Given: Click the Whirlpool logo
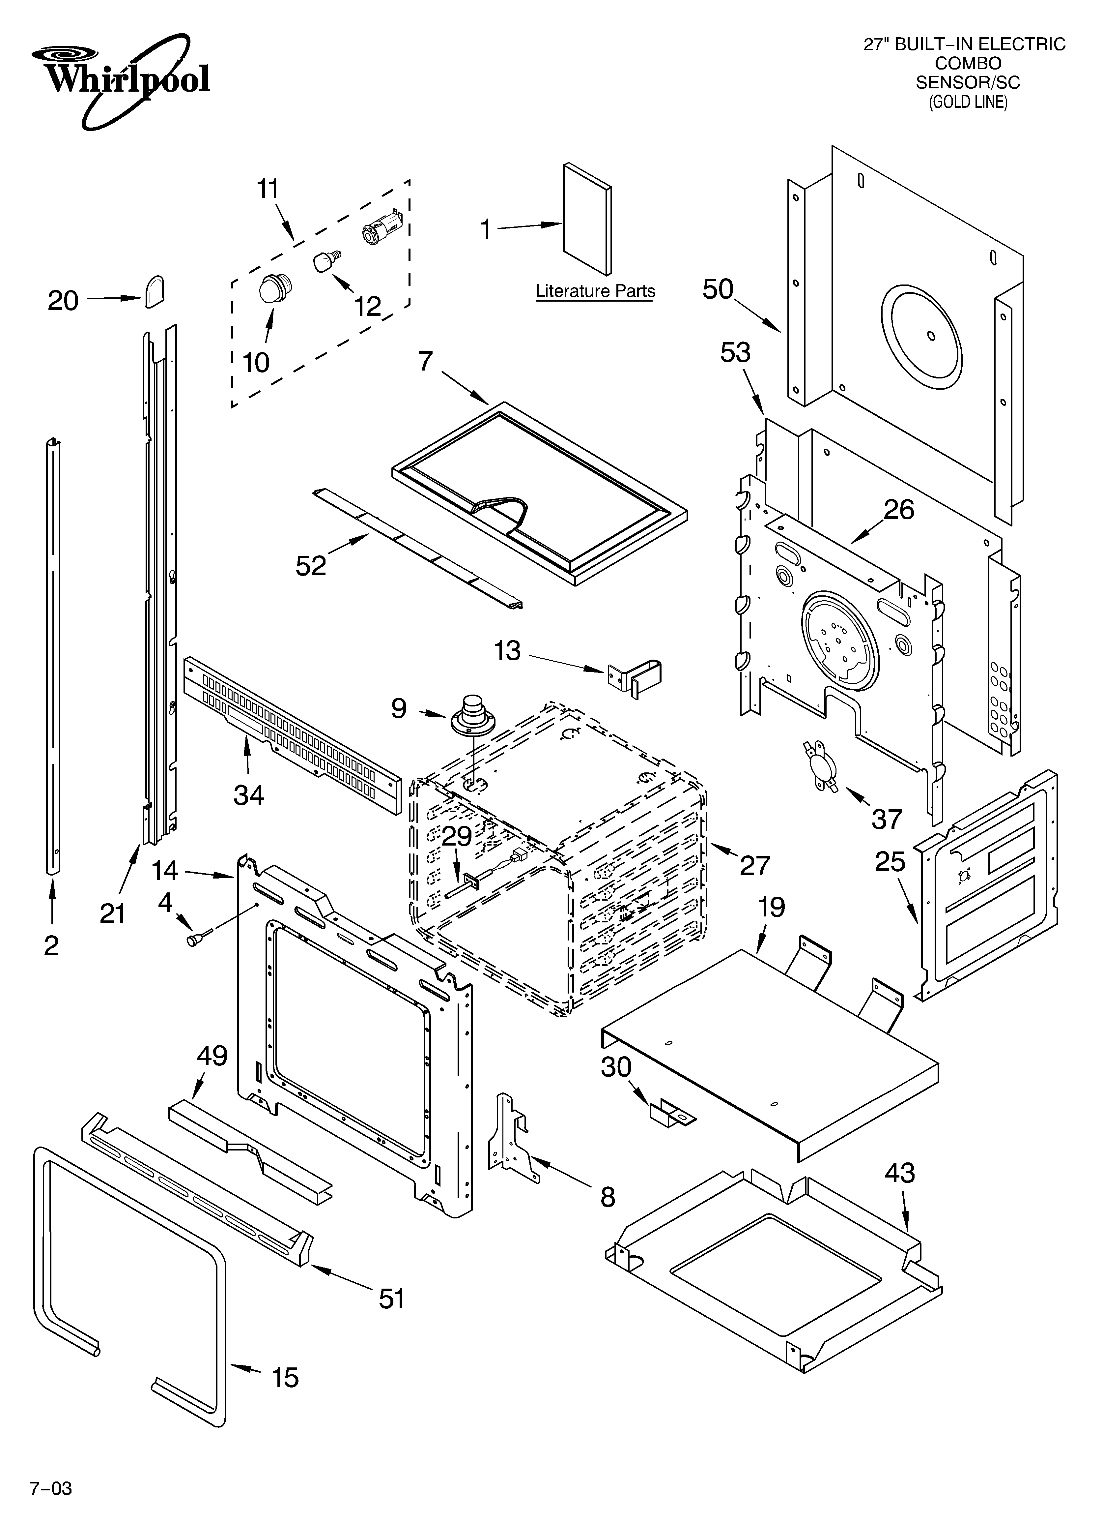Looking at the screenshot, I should (121, 79).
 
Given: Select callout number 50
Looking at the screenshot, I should (718, 290).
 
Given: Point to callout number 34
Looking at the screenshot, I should (248, 795).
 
